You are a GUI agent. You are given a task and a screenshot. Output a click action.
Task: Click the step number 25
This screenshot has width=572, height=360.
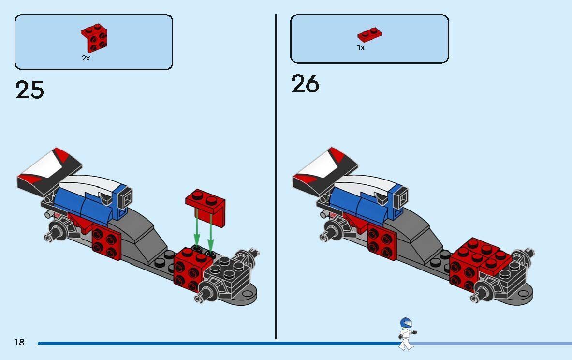coord(29,90)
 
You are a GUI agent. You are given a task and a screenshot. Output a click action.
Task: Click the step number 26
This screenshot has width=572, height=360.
coord(305,84)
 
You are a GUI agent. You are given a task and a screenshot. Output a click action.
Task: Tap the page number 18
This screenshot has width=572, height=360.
coord(19,343)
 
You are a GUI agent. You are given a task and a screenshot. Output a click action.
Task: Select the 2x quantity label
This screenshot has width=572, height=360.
coord(86,58)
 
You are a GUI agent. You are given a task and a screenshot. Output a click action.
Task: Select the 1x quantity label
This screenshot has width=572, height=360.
coord(361,48)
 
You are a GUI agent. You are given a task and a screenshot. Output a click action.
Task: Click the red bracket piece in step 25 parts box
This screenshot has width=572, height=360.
coord(94,37)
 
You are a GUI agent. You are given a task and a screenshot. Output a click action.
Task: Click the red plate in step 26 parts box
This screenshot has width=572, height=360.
coord(370,34)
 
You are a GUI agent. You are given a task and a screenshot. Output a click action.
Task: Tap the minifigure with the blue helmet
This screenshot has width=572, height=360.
coord(406,333)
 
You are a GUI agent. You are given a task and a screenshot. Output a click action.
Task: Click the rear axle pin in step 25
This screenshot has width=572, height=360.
coord(49,236)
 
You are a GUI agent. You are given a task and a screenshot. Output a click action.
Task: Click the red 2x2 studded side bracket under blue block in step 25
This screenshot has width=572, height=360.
coord(106,240)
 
